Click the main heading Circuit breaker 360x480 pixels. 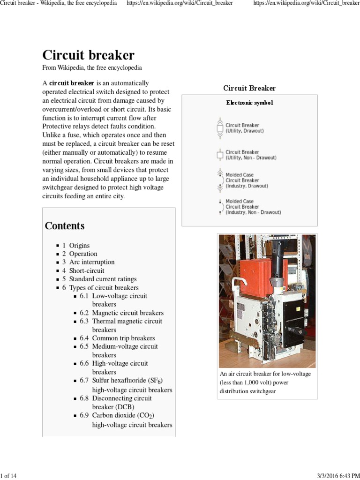(88, 55)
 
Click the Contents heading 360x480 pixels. (65, 226)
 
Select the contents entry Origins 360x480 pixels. (79, 245)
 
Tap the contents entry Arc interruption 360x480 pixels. (91, 262)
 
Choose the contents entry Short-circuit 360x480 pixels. (87, 270)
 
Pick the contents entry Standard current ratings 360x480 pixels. (103, 279)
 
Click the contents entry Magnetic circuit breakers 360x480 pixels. (127, 313)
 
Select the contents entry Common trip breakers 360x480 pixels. (123, 338)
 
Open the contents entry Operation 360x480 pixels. (83, 254)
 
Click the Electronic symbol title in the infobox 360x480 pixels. (249, 103)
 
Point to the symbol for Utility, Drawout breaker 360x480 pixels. (219, 128)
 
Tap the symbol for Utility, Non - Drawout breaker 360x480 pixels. (219, 155)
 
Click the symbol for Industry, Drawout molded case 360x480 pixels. (219, 180)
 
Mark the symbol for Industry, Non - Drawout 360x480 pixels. (219, 207)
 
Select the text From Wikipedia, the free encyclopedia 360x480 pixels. (92, 68)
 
